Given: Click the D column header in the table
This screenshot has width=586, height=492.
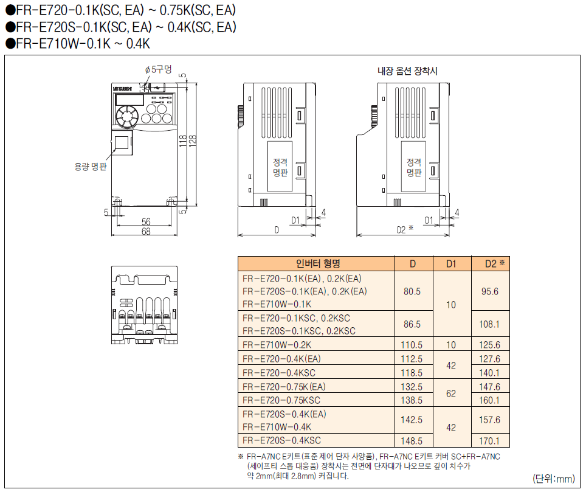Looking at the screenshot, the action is [x=413, y=264].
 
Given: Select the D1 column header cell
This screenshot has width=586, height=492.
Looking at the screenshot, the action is [x=452, y=264].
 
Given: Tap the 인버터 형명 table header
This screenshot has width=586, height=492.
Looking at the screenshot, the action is [x=318, y=263].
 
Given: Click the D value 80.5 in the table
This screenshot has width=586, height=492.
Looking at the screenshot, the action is [x=412, y=291].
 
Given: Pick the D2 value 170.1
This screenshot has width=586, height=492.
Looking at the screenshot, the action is [x=489, y=441].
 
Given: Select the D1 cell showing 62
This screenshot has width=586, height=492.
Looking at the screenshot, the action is [x=451, y=393].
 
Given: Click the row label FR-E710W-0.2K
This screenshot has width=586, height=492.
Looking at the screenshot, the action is [x=277, y=345].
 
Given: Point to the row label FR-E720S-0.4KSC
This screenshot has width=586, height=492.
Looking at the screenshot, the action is [x=281, y=440].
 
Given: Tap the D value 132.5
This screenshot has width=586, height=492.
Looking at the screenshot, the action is [x=412, y=387].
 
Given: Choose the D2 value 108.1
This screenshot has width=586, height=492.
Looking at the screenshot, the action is [x=489, y=324].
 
